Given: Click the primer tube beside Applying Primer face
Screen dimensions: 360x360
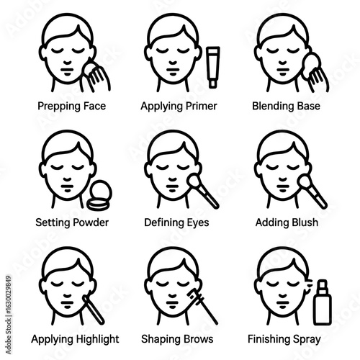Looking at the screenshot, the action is (x=213, y=67).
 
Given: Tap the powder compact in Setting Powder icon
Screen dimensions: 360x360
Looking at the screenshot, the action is (x=99, y=195).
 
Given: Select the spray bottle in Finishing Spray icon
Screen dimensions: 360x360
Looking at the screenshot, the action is (x=323, y=303).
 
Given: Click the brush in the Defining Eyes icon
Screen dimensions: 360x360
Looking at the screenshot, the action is (x=203, y=192).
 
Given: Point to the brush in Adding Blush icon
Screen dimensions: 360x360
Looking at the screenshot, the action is (x=312, y=192).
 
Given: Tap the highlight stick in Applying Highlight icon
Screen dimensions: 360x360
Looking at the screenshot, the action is (x=94, y=310).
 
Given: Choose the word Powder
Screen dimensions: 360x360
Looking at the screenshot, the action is (x=91, y=222).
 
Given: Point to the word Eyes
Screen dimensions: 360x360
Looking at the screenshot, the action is (x=198, y=223).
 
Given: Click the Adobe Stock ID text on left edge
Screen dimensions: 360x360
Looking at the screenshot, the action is (x=9, y=315).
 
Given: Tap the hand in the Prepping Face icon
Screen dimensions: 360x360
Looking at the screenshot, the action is (x=96, y=78).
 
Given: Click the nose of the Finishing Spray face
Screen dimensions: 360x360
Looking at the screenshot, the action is (x=283, y=295).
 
